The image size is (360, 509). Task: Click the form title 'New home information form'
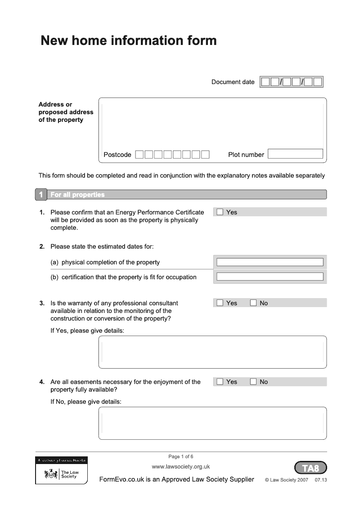pyautogui.click(x=129, y=41)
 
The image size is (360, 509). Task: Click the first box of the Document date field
pyautogui.click(x=265, y=82)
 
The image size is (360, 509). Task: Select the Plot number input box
pyautogui.click(x=295, y=154)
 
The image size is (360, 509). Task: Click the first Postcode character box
pyautogui.click(x=139, y=155)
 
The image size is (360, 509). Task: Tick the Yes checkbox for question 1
pyautogui.click(x=220, y=212)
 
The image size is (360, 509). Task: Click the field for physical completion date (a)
pyautogui.click(x=270, y=262)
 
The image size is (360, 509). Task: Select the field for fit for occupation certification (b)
pyautogui.click(x=270, y=277)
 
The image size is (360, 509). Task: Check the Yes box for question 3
pyautogui.click(x=220, y=303)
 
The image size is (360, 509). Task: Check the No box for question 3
pyautogui.click(x=253, y=303)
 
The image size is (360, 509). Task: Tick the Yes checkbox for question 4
pyautogui.click(x=220, y=382)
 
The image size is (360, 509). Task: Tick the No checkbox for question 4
pyautogui.click(x=253, y=382)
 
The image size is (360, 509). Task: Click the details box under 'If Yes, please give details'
pyautogui.click(x=212, y=352)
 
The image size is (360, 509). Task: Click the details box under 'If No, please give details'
pyautogui.click(x=212, y=423)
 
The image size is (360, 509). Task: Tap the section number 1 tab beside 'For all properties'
pyautogui.click(x=41, y=195)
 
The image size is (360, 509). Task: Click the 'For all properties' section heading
pyautogui.click(x=77, y=195)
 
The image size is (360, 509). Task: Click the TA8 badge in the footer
pyautogui.click(x=310, y=468)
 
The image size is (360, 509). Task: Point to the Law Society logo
pyautogui.click(x=62, y=473)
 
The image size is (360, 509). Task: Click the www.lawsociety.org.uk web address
pyautogui.click(x=181, y=467)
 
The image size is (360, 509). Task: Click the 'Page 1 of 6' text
pyautogui.click(x=181, y=456)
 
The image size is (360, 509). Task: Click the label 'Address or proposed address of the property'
pyautogui.click(x=66, y=112)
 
